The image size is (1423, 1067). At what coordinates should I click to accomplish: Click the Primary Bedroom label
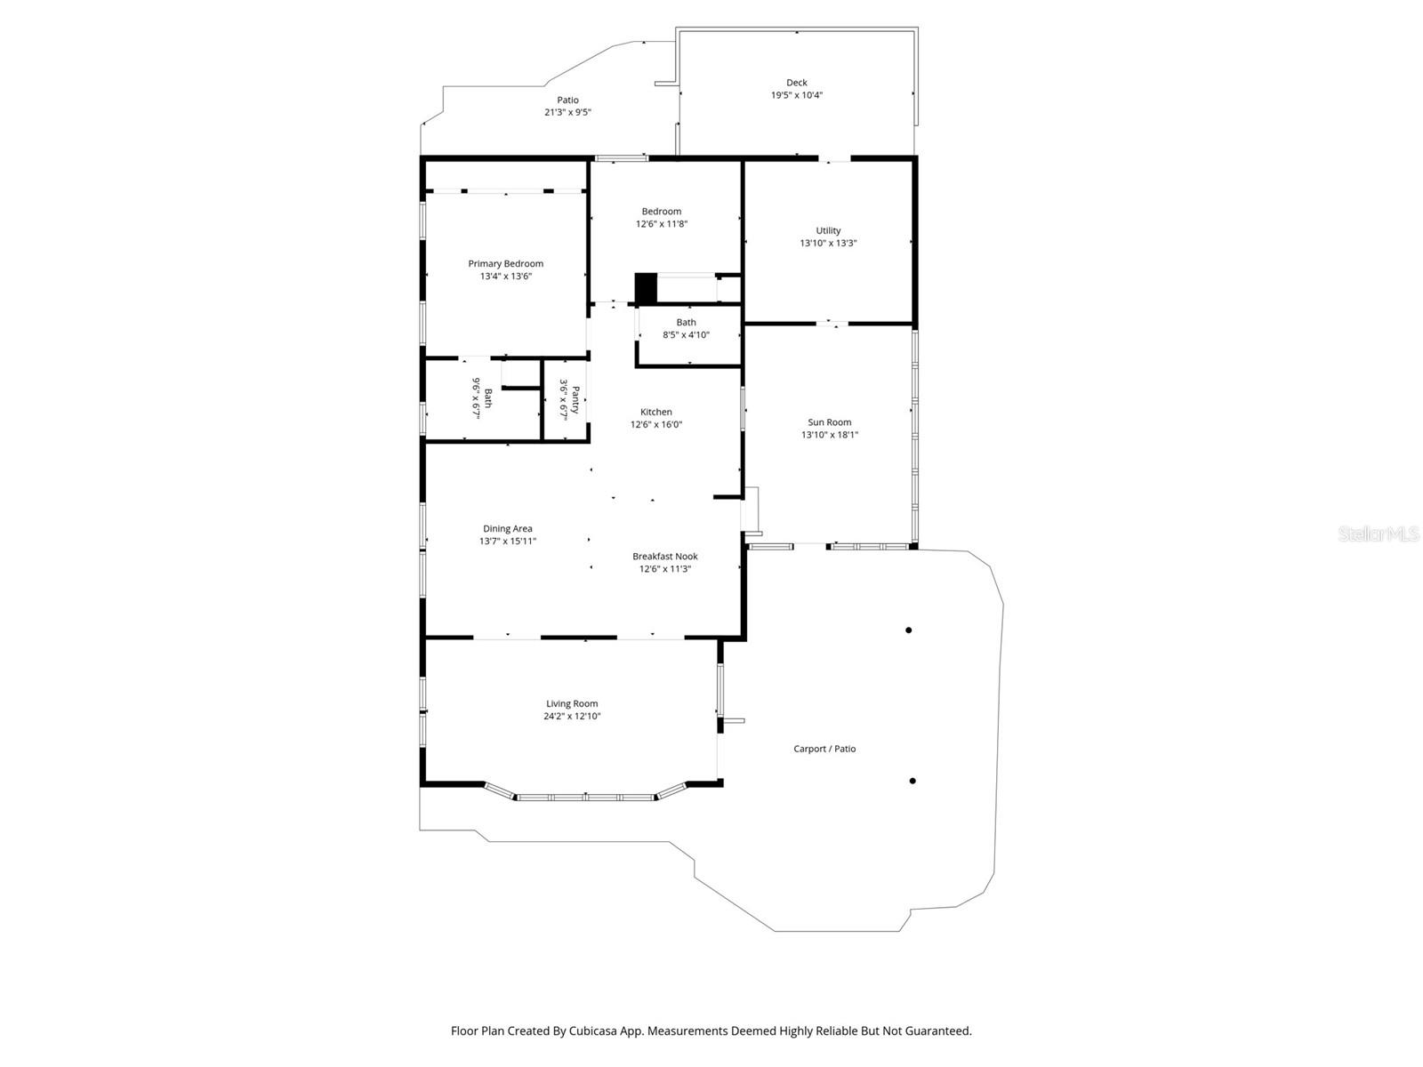click(x=505, y=263)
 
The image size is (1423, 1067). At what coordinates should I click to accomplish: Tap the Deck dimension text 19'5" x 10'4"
click(x=796, y=95)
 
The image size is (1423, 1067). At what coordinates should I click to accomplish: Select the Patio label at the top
click(x=567, y=100)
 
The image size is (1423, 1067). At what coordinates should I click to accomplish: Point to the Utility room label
click(x=828, y=230)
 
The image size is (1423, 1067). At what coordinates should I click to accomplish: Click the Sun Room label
click(x=829, y=422)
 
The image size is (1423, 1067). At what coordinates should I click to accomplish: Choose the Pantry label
click(x=575, y=399)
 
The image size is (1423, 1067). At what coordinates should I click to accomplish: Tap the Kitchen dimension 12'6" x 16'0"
click(x=656, y=425)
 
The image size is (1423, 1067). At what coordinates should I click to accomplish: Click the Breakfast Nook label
click(x=664, y=557)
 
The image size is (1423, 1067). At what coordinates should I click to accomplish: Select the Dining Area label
click(x=507, y=528)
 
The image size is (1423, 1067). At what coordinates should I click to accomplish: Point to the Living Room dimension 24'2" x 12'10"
click(x=572, y=717)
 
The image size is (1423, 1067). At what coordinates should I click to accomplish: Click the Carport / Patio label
click(x=824, y=749)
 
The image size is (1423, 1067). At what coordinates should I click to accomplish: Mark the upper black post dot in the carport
click(x=908, y=630)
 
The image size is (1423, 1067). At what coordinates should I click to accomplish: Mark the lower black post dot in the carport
click(x=912, y=781)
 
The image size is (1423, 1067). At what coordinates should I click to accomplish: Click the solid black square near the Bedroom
click(x=646, y=288)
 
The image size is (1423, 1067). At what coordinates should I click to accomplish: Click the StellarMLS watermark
click(x=1378, y=533)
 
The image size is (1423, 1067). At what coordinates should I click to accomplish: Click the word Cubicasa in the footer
click(x=598, y=1031)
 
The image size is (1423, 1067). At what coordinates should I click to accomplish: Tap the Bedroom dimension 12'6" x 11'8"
click(x=661, y=224)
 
